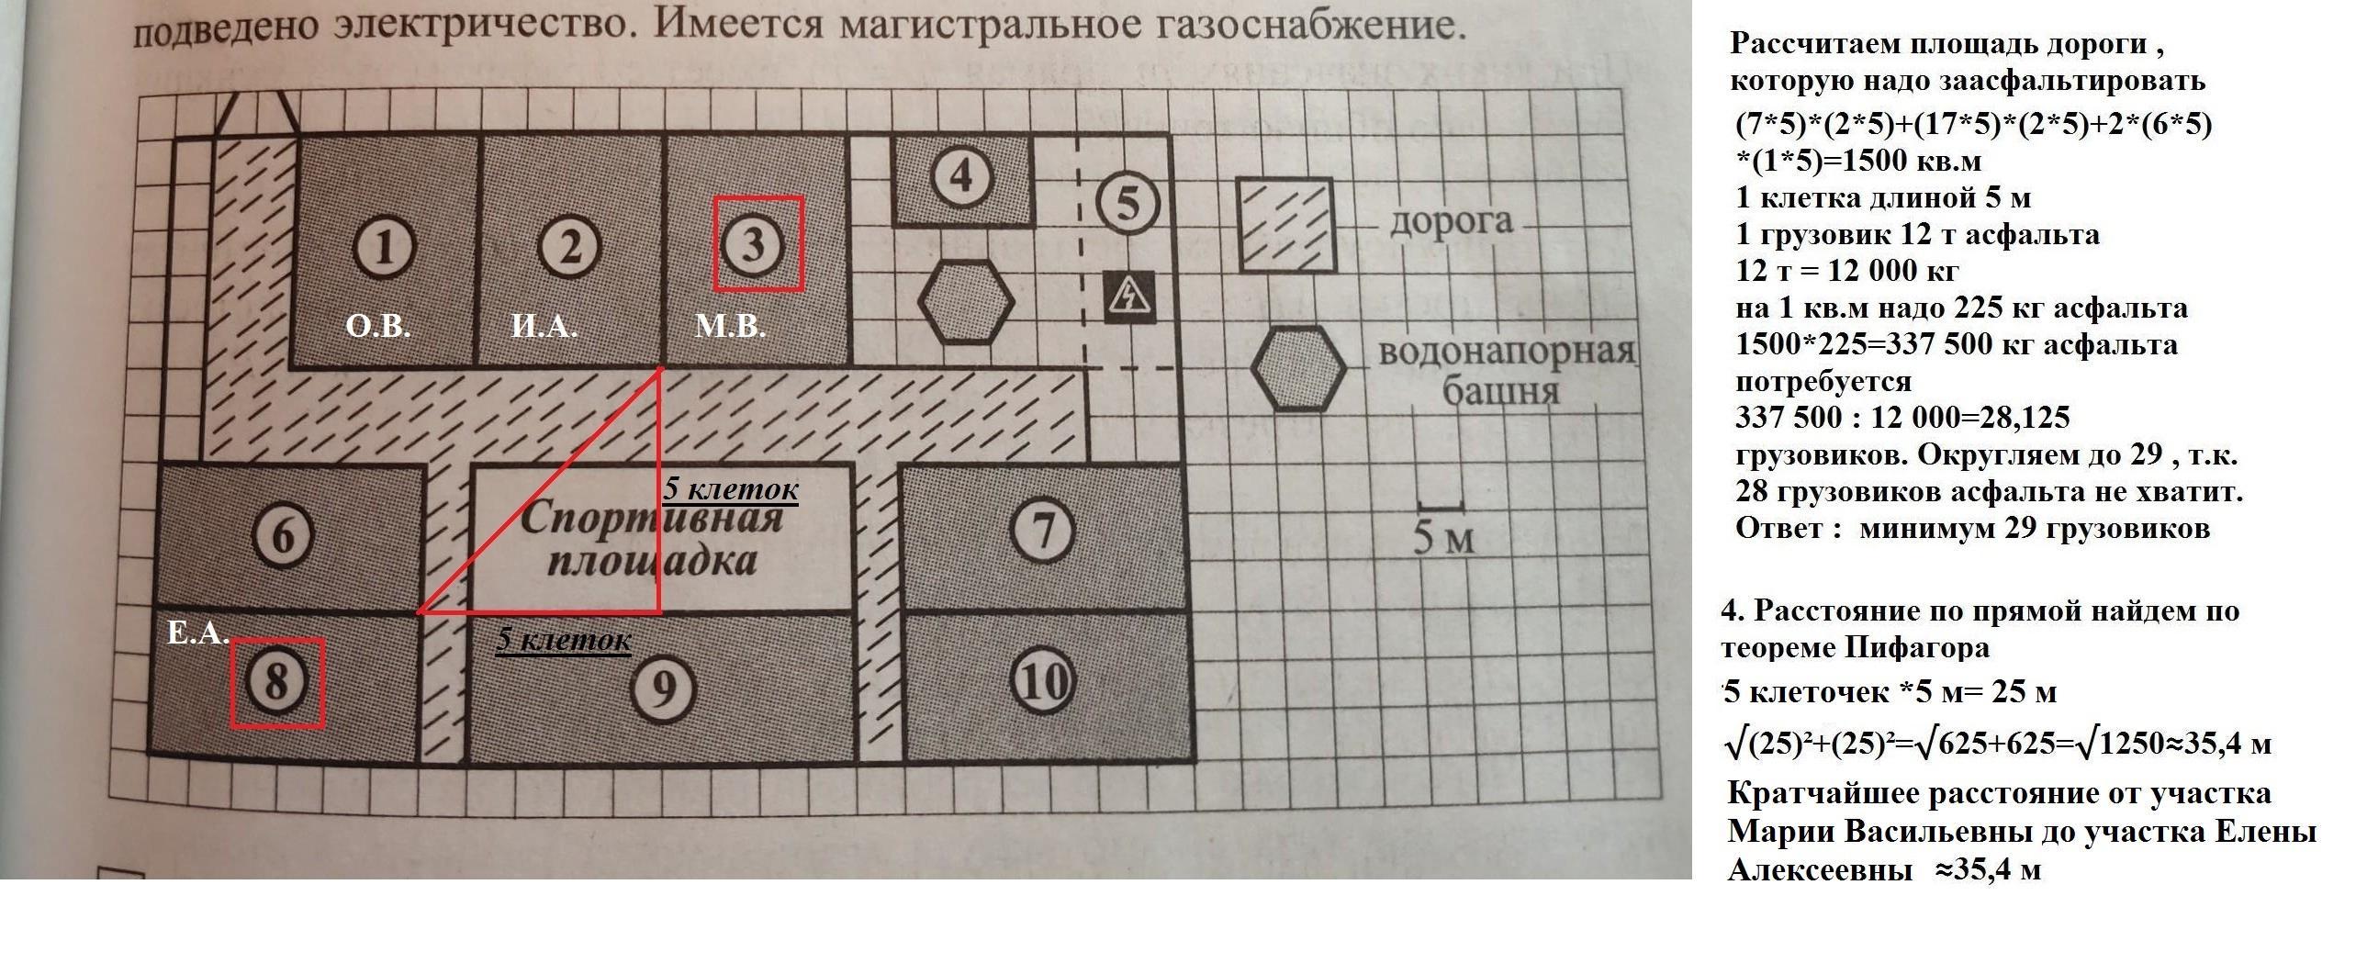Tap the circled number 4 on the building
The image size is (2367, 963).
[961, 175]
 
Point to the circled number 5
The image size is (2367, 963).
[1128, 202]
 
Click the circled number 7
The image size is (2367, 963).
[1042, 531]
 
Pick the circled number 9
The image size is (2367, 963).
[663, 687]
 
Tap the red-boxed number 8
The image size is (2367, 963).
[276, 683]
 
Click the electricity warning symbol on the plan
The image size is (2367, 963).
[1127, 296]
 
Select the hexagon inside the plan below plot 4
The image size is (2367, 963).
[966, 300]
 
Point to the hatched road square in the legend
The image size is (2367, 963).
[1286, 225]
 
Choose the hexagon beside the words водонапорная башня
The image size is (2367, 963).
[1299, 366]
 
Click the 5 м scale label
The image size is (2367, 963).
[1442, 539]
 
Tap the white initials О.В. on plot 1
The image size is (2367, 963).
[377, 326]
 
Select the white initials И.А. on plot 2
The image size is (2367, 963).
[544, 326]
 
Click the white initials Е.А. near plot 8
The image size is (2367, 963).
[197, 633]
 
